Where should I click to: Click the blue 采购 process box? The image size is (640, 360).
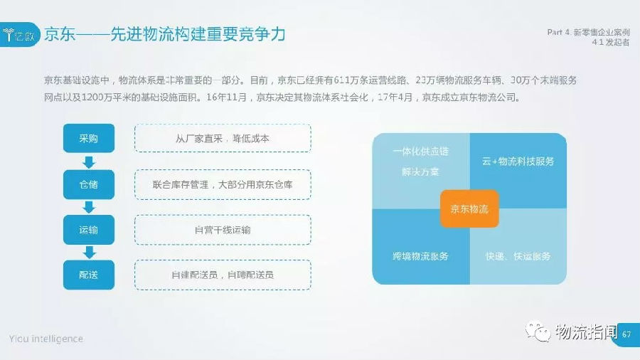pyautogui.click(x=89, y=138)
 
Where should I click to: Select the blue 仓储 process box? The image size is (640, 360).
pyautogui.click(x=89, y=184)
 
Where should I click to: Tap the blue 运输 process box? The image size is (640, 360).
pyautogui.click(x=89, y=230)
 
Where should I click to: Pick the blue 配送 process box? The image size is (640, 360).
pyautogui.click(x=89, y=275)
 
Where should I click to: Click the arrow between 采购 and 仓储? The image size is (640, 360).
pyautogui.click(x=89, y=162)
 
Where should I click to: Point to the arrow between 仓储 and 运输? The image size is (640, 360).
pyautogui.click(x=89, y=207)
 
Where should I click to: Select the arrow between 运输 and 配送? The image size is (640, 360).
pyautogui.click(x=89, y=253)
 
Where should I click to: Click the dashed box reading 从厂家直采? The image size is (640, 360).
pyautogui.click(x=223, y=138)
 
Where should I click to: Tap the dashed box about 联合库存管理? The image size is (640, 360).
pyautogui.click(x=223, y=184)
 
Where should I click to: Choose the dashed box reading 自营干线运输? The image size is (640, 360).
pyautogui.click(x=223, y=230)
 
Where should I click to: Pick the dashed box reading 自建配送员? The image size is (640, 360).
pyautogui.click(x=223, y=275)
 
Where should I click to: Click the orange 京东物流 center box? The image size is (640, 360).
pyautogui.click(x=469, y=209)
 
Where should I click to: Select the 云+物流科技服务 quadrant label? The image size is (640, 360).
pyautogui.click(x=518, y=162)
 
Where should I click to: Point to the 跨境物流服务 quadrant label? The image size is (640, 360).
pyautogui.click(x=420, y=256)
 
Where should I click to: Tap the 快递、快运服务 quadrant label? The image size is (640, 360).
pyautogui.click(x=518, y=256)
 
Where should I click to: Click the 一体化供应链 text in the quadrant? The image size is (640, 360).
pyautogui.click(x=420, y=152)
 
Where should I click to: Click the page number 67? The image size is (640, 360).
pyautogui.click(x=626, y=334)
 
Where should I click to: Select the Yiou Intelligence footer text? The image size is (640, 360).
pyautogui.click(x=46, y=339)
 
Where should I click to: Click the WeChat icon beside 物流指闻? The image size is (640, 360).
pyautogui.click(x=538, y=332)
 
